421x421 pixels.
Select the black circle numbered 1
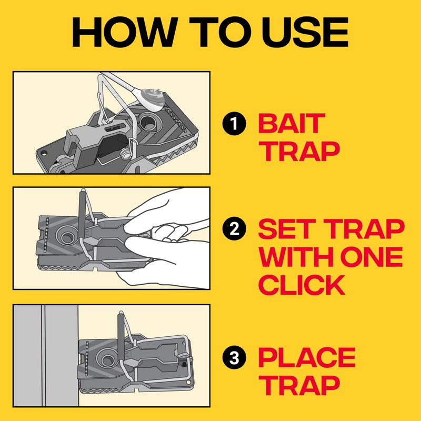pyautogui.click(x=234, y=124)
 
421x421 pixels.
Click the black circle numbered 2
pyautogui.click(x=234, y=229)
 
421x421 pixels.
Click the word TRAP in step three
pyautogui.click(x=298, y=385)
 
